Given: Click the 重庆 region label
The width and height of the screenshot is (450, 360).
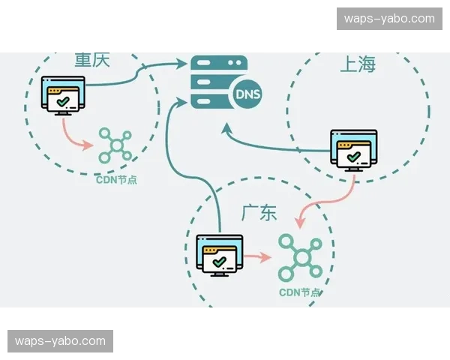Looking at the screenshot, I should tap(92, 60).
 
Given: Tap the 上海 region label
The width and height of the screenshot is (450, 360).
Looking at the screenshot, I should tap(358, 64).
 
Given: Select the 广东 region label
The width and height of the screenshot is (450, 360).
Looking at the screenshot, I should tap(259, 213).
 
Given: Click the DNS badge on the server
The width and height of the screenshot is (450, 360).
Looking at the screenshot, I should tap(248, 94).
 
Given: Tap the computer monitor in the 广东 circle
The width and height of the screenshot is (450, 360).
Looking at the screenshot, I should tap(219, 256).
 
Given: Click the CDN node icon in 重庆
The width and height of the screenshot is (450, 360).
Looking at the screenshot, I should tap(115, 145).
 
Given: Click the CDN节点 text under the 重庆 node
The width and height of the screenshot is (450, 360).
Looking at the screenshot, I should tap(116, 180).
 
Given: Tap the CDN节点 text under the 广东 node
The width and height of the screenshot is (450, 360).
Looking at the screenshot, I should tap(300, 292).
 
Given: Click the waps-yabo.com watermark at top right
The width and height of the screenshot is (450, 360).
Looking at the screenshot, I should tap(390, 18).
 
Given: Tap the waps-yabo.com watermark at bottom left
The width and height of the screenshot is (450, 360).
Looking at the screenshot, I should tap(60, 341).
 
